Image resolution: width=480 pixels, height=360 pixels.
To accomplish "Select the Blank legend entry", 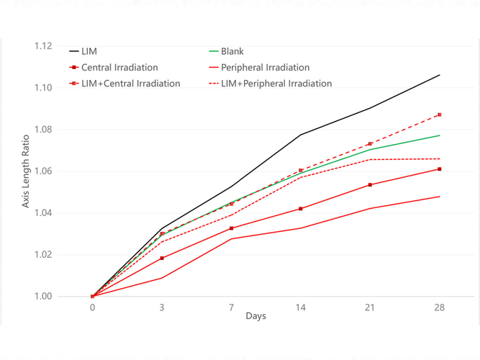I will pos(232,52).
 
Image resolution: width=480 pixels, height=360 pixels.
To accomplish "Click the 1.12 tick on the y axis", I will pos(42,46).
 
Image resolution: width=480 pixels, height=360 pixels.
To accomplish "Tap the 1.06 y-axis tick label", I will pos(42,171).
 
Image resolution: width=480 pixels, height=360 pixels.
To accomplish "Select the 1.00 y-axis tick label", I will pos(42,296).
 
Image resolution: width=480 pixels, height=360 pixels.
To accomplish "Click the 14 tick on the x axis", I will pos(301,307).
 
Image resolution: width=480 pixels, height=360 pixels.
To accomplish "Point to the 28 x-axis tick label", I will pos(439,307).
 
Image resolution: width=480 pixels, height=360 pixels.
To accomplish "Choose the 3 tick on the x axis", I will pos(162,307).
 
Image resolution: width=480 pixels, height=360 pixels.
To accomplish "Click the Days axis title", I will pos(256,317).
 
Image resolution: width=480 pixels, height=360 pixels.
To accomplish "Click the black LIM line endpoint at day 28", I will pos(439,75).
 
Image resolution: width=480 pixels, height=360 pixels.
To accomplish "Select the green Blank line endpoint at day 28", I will pos(439,135).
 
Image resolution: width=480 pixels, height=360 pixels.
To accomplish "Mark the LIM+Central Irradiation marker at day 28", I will pos(439,114).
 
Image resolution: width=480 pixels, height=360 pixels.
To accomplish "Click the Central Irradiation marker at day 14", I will pos(301,209).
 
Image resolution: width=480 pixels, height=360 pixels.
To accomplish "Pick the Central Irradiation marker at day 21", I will pos(370,185).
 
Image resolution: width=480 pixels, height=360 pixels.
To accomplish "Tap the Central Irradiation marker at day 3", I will pos(162,258).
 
